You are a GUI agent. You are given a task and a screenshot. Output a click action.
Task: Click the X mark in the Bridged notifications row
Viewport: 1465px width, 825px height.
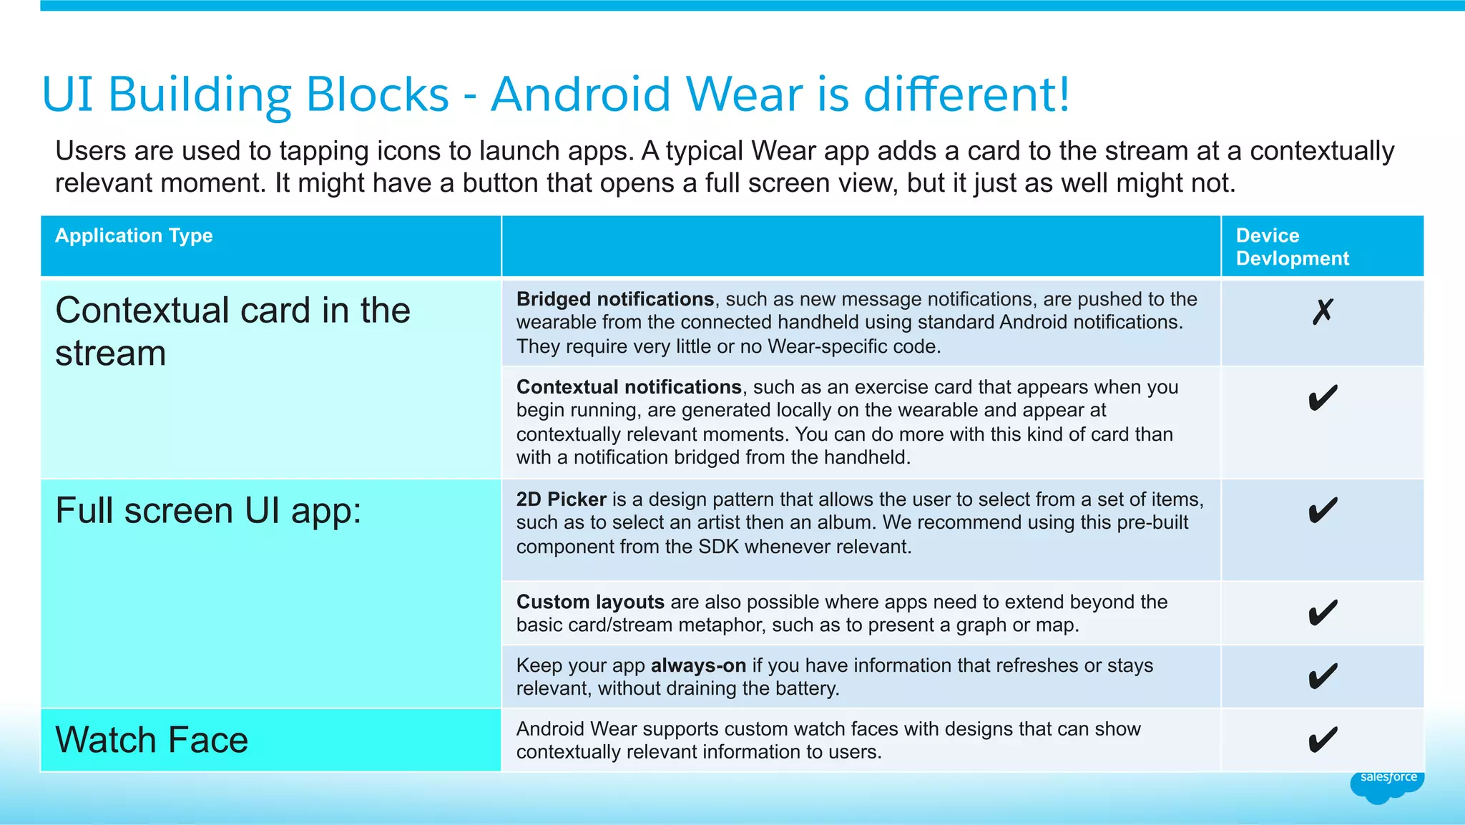(x=1323, y=311)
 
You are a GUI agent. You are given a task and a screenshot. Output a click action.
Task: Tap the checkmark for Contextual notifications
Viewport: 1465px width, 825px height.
(x=1323, y=398)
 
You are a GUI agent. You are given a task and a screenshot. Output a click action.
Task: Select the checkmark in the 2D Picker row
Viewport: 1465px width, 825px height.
(x=1323, y=510)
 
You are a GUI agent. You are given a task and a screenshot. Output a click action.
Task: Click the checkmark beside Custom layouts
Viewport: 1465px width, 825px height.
(x=1323, y=612)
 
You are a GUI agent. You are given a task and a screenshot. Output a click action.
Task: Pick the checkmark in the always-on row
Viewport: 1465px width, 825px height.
(x=1323, y=676)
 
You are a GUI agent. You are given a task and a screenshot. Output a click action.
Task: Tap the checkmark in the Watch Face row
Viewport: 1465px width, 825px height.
(x=1323, y=739)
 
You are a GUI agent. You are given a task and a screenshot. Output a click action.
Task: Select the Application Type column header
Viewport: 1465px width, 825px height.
(x=134, y=235)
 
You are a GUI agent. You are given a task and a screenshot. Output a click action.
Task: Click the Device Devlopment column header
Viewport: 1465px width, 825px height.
(x=1292, y=247)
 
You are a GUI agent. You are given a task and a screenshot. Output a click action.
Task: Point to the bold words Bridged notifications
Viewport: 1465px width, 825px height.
(x=615, y=299)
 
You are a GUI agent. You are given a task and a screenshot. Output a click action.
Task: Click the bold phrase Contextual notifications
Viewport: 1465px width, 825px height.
(x=629, y=387)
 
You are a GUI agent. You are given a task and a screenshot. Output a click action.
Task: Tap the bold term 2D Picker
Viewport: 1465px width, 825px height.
(x=562, y=499)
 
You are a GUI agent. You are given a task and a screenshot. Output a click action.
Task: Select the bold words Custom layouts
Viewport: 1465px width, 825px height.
(x=590, y=602)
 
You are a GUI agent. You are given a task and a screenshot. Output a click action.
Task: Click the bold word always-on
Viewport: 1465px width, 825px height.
(x=698, y=665)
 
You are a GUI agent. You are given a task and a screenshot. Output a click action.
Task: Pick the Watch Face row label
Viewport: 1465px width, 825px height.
(x=152, y=740)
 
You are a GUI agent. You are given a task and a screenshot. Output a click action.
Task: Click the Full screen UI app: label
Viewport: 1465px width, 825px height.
(x=208, y=511)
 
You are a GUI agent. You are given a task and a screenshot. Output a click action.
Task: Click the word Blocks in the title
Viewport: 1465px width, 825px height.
(x=377, y=94)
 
